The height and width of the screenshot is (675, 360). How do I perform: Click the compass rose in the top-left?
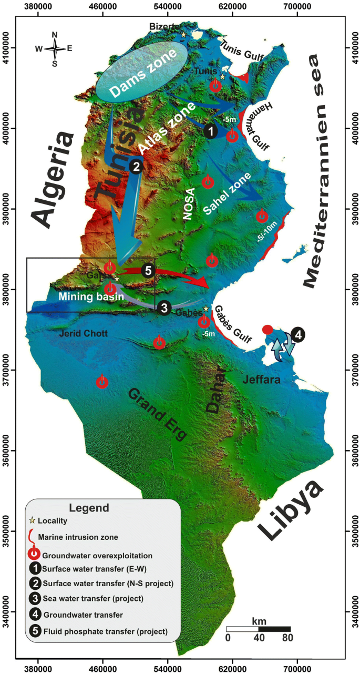coord(54,49)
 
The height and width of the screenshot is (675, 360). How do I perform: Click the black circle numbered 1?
coord(210,131)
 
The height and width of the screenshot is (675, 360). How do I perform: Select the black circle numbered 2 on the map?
coord(136,166)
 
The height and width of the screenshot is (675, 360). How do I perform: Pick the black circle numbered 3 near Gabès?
coord(164,308)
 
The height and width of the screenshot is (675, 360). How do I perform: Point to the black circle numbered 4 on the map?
coord(298,334)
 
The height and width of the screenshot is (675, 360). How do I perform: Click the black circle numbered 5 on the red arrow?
coord(148,270)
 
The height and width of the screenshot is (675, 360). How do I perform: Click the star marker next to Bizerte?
coord(183,35)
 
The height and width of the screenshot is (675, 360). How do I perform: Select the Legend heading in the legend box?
coord(89,508)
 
